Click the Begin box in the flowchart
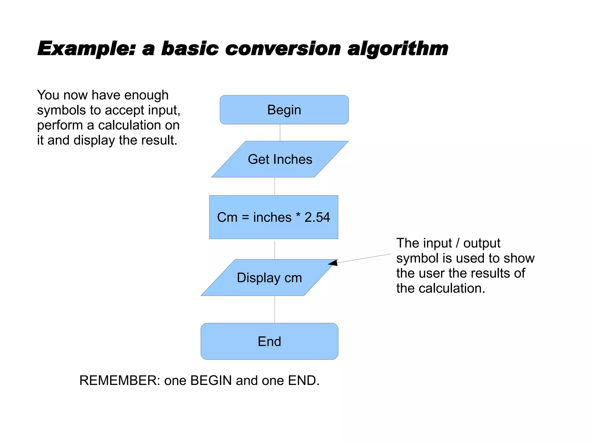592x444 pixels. coord(284,110)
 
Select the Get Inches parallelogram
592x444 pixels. coord(280,159)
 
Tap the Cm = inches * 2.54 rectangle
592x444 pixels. coord(273,217)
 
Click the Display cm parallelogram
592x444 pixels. coord(269,278)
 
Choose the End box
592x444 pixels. coord(269,341)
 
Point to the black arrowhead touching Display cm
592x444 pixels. coord(333,263)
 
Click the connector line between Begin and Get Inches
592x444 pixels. coord(280,133)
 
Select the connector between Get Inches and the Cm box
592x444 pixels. coord(275,186)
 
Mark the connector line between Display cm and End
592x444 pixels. coord(275,309)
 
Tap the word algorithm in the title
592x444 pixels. coord(397,49)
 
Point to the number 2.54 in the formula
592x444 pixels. coord(317,217)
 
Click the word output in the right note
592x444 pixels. coord(482,243)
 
